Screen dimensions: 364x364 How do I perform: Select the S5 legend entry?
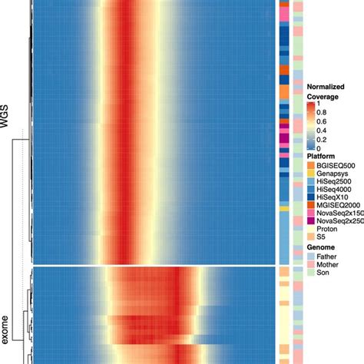click(322, 250)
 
